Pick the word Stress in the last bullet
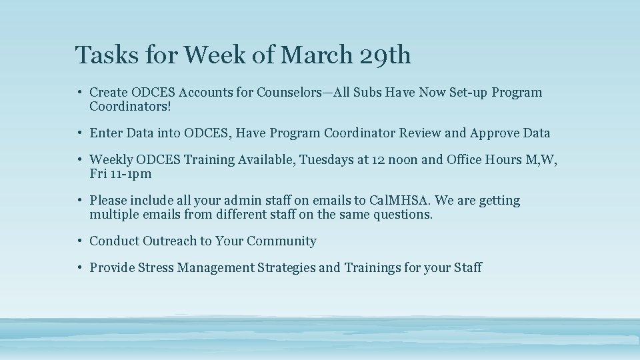pyautogui.click(x=151, y=268)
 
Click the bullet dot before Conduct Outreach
pyautogui.click(x=79, y=241)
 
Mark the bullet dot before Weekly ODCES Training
pyautogui.click(x=79, y=160)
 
